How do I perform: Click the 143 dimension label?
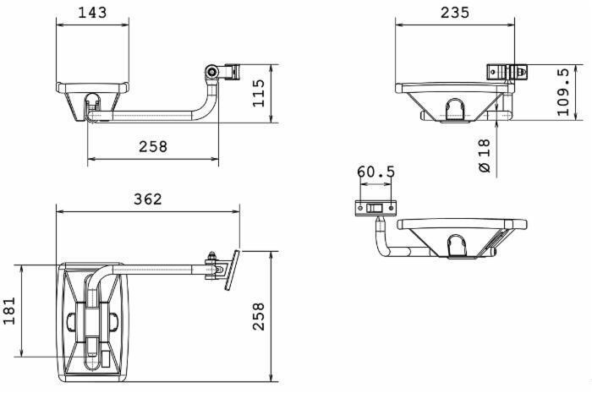pyautogui.click(x=92, y=12)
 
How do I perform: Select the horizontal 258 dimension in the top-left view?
pyautogui.click(x=153, y=146)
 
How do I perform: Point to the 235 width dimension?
pyautogui.click(x=455, y=12)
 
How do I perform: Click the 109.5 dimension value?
pyautogui.click(x=563, y=92)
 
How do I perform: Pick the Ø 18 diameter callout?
pyautogui.click(x=484, y=156)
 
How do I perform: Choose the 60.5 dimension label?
pyautogui.click(x=375, y=172)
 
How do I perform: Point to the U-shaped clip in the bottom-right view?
pyautogui.click(x=457, y=246)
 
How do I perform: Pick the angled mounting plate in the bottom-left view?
pyautogui.click(x=230, y=270)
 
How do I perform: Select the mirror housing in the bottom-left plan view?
pyautogui.click(x=93, y=319)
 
